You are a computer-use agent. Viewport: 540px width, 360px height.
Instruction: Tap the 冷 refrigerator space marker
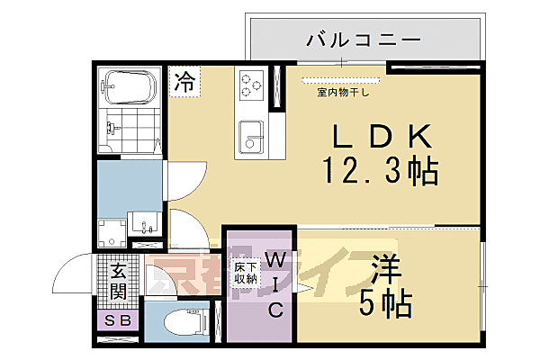point(184,82)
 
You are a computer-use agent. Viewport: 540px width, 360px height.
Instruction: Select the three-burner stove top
point(250,85)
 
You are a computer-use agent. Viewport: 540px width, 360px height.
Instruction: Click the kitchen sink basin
point(249,139)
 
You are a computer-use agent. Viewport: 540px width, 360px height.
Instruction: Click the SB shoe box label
point(117,321)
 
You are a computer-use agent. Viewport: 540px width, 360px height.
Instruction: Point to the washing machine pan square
point(112,231)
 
